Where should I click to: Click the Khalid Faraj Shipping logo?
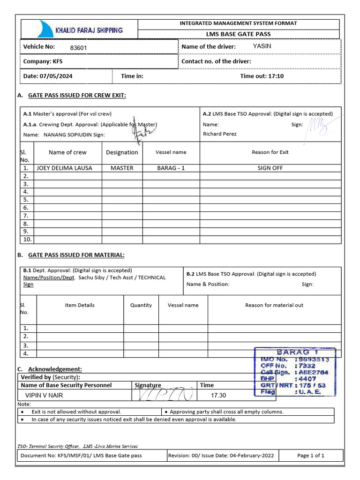(x=79, y=29)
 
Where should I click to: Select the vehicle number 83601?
(x=78, y=48)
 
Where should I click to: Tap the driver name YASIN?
(x=262, y=46)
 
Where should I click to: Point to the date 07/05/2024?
(x=56, y=76)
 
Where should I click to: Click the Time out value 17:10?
(x=276, y=76)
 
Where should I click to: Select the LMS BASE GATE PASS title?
(x=239, y=34)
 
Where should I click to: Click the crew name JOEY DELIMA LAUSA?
(x=64, y=168)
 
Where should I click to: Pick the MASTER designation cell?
(x=122, y=168)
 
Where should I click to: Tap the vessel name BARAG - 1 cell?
(x=171, y=168)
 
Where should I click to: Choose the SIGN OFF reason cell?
(x=270, y=168)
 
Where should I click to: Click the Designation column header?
(x=122, y=152)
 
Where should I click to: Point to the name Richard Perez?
(x=220, y=134)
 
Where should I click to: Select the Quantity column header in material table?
(x=141, y=305)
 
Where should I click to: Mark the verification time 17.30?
(x=218, y=396)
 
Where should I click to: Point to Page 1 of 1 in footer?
(x=311, y=456)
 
